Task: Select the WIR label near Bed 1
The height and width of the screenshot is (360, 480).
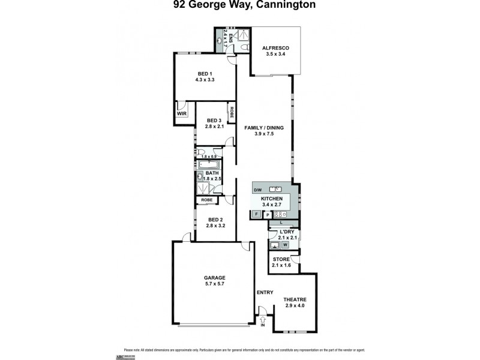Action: point(181,113)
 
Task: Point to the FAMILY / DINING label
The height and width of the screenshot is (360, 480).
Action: point(264,128)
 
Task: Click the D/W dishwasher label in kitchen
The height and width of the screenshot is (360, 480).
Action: point(258,190)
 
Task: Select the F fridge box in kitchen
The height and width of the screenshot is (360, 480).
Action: point(256,214)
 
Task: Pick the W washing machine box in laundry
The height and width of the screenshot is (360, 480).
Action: point(286,244)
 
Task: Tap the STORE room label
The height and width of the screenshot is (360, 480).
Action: point(281,259)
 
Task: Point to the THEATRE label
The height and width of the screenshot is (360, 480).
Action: point(295,299)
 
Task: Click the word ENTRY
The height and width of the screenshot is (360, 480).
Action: point(265,293)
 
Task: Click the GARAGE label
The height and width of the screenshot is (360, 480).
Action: point(214,277)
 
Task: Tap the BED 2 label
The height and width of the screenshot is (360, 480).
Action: point(214,220)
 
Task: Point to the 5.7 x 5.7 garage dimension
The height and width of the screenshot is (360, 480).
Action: point(214,284)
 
